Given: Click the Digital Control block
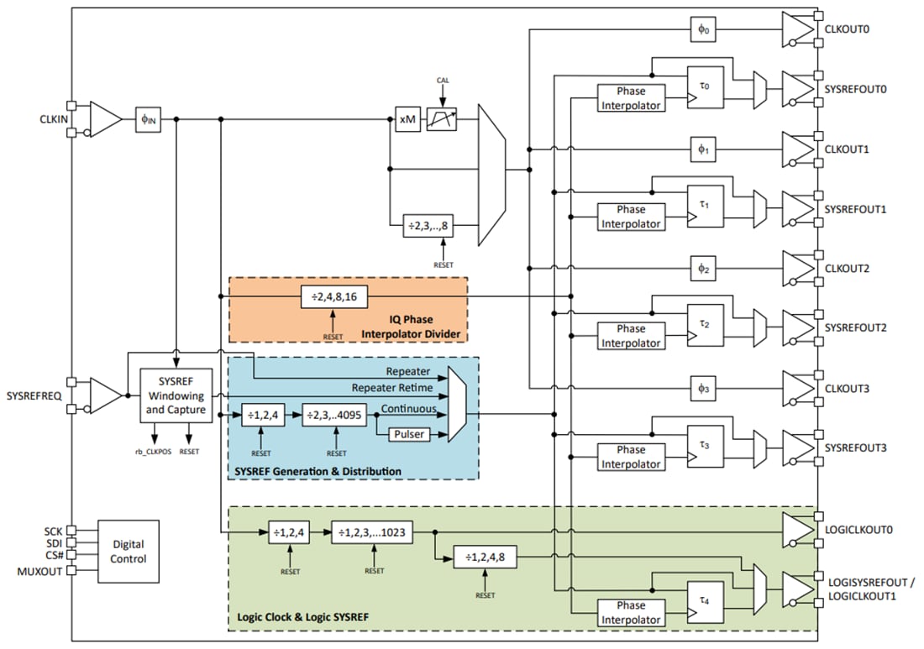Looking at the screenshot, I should (x=128, y=552).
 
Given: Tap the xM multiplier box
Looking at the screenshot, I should (x=407, y=120).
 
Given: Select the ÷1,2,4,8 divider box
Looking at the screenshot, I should (x=485, y=556).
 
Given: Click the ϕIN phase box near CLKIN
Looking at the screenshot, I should (x=148, y=120).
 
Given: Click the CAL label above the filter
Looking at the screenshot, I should (x=443, y=80).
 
